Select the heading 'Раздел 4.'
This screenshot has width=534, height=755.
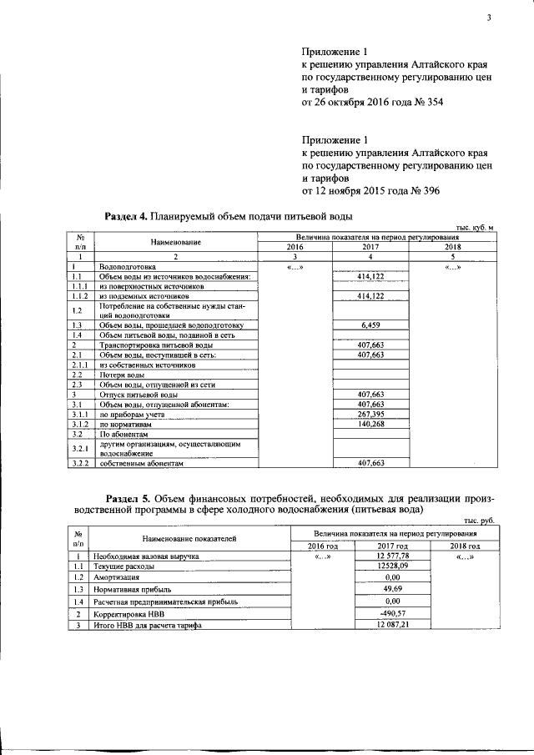[x=125, y=217]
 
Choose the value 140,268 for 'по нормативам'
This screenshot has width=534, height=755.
[x=370, y=424]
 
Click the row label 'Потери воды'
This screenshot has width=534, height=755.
[x=118, y=375]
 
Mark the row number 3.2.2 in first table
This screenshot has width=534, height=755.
[x=80, y=462]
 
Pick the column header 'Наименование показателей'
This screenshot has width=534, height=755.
[x=189, y=539]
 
